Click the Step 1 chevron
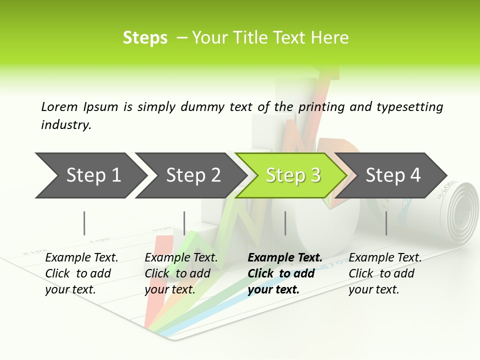pyautogui.click(x=90, y=175)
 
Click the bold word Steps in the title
pyautogui.click(x=145, y=38)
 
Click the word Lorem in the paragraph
pyautogui.click(x=59, y=106)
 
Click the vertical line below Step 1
pyautogui.click(x=84, y=223)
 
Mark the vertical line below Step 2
pyautogui.click(x=184, y=223)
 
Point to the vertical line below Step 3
pyautogui.click(x=285, y=223)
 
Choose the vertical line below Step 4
pyautogui.click(x=386, y=223)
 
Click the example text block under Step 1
pyautogui.click(x=81, y=273)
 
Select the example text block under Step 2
pyautogui.click(x=181, y=273)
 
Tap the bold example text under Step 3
pyautogui.click(x=284, y=273)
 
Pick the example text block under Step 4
pyautogui.click(x=385, y=273)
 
